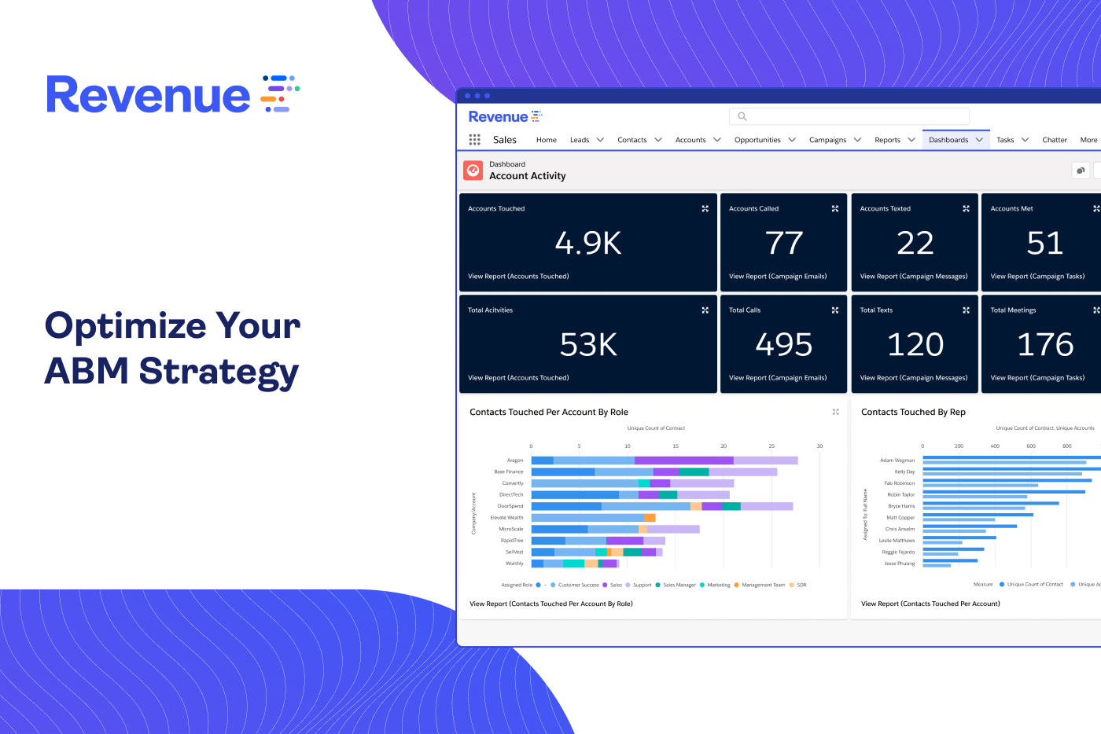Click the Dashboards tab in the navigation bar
948,140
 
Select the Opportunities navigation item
757,140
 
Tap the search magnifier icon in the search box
742,116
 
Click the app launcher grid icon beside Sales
474,140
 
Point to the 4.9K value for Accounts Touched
588,244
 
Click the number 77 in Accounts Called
784,244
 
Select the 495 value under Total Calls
784,345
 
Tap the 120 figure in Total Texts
915,345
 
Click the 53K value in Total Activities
588,345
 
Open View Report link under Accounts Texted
914,277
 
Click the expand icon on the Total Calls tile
835,310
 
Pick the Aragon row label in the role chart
515,461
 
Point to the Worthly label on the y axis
514,563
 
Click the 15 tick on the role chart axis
676,446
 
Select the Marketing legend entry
718,585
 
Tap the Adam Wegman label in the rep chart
897,461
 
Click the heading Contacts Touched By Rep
913,412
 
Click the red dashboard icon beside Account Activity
473,171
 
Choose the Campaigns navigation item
827,140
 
